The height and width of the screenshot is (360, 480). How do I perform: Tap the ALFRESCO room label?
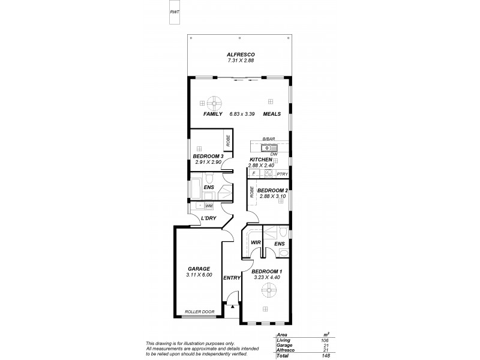coord(240,54)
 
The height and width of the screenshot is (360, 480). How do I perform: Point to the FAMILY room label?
coord(213,113)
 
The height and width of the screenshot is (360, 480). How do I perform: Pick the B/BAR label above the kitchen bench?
coord(268,140)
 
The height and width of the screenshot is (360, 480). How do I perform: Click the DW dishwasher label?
coord(281,155)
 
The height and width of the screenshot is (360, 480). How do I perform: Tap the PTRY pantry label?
coord(283,174)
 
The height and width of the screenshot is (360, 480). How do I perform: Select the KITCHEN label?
coord(261,160)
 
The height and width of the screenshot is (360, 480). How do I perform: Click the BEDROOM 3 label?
coord(208,157)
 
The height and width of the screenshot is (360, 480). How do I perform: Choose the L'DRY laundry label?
coord(208,218)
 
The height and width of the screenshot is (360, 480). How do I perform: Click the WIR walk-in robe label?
coord(255,242)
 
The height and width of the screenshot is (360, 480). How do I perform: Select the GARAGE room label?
coord(198,269)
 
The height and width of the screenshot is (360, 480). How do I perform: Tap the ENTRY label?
coord(232,278)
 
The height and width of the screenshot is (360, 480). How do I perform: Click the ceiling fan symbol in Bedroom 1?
coord(268,293)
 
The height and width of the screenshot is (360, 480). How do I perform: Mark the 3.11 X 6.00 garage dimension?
coord(198,275)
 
